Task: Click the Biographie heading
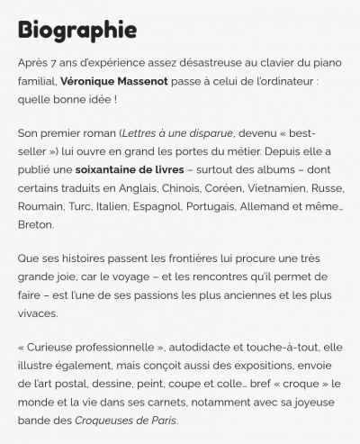pyautogui.click(x=76, y=30)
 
